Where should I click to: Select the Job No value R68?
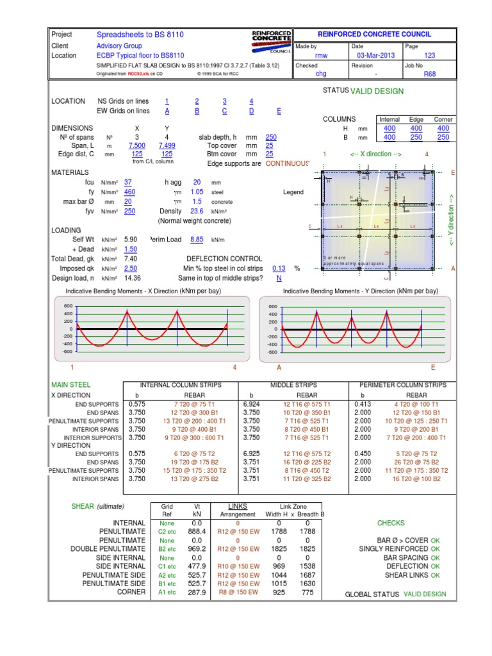pos(429,74)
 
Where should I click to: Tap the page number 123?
pos(429,56)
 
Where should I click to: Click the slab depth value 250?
pos(271,137)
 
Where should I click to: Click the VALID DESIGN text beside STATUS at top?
pos(377,91)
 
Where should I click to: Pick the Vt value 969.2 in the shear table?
pos(197,549)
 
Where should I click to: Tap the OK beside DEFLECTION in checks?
pos(436,566)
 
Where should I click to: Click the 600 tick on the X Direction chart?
pos(69,306)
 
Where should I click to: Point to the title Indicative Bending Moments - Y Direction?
pos(361,291)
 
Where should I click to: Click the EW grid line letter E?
pos(279,111)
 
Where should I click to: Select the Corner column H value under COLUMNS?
pos(443,129)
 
